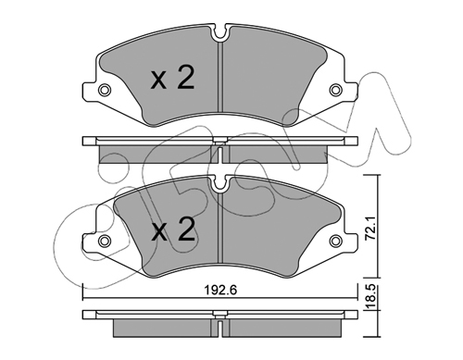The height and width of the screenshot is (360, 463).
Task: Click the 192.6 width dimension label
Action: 220,290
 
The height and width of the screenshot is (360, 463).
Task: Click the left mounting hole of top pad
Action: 105,90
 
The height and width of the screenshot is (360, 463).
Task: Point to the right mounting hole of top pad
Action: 335,90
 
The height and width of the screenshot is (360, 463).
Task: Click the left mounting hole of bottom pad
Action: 105,240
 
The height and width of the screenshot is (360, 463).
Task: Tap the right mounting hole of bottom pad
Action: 335,240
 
